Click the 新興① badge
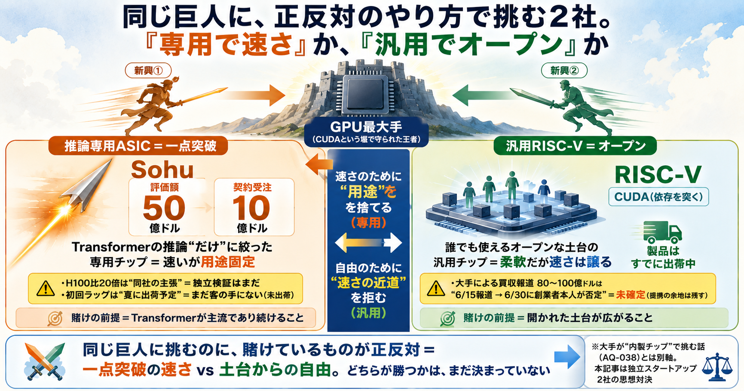[x=148, y=71]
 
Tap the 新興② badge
[x=564, y=71]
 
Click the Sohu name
[x=162, y=169]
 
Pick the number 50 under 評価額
[x=164, y=208]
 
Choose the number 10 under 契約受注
[x=251, y=208]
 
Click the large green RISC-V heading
[x=658, y=174]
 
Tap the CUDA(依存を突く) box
[x=658, y=197]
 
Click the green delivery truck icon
[x=662, y=232]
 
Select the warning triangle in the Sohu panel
[x=46, y=288]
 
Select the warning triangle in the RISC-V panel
[x=436, y=288]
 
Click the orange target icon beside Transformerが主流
[x=55, y=318]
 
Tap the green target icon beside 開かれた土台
[x=448, y=318]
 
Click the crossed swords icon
[x=45, y=361]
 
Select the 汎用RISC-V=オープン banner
[x=575, y=146]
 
